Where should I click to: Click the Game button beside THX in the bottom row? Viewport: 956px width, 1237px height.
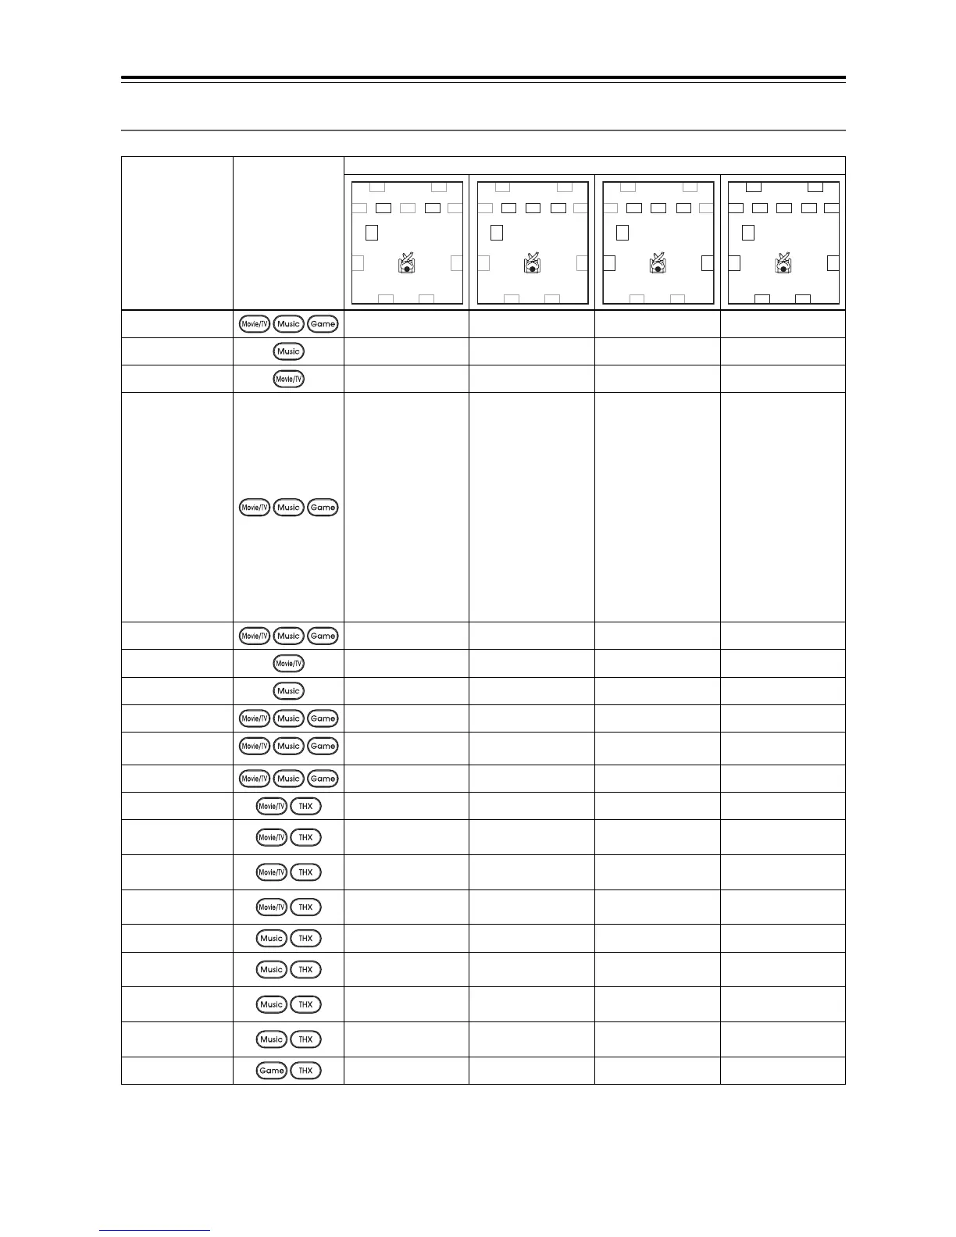point(271,1071)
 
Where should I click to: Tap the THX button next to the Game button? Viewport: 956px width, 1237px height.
point(305,1071)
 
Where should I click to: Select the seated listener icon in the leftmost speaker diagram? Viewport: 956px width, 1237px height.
point(406,263)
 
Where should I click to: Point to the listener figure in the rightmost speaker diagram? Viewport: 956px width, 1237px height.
point(783,263)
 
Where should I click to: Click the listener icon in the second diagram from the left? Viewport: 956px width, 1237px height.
point(532,263)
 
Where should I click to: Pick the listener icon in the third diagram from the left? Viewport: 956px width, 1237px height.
point(658,263)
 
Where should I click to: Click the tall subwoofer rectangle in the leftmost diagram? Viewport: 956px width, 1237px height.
point(372,232)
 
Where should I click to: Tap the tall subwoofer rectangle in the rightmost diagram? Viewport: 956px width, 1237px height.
point(748,232)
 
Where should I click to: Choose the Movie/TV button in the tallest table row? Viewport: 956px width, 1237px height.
point(254,508)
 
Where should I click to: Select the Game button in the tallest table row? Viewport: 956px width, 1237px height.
point(323,508)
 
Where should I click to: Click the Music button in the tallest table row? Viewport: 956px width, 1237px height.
point(288,508)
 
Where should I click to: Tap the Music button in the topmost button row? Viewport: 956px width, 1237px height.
point(288,323)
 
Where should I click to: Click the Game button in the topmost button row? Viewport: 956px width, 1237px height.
point(323,323)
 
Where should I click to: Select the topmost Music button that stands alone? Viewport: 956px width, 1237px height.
point(288,351)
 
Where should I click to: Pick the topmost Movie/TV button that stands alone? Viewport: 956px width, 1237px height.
point(288,379)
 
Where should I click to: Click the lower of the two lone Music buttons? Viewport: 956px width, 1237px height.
point(288,691)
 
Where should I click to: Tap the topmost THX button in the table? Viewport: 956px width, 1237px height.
point(305,806)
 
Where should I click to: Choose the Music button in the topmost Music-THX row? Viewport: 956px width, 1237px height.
point(271,939)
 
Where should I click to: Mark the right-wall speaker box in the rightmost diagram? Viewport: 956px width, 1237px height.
point(833,262)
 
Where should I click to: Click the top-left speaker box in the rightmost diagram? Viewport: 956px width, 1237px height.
point(753,187)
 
